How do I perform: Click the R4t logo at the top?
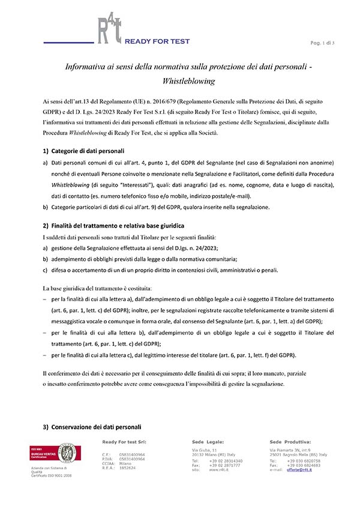pos(109,30)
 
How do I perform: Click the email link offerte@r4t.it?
pos(302,469)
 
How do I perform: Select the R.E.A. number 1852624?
pos(128,468)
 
